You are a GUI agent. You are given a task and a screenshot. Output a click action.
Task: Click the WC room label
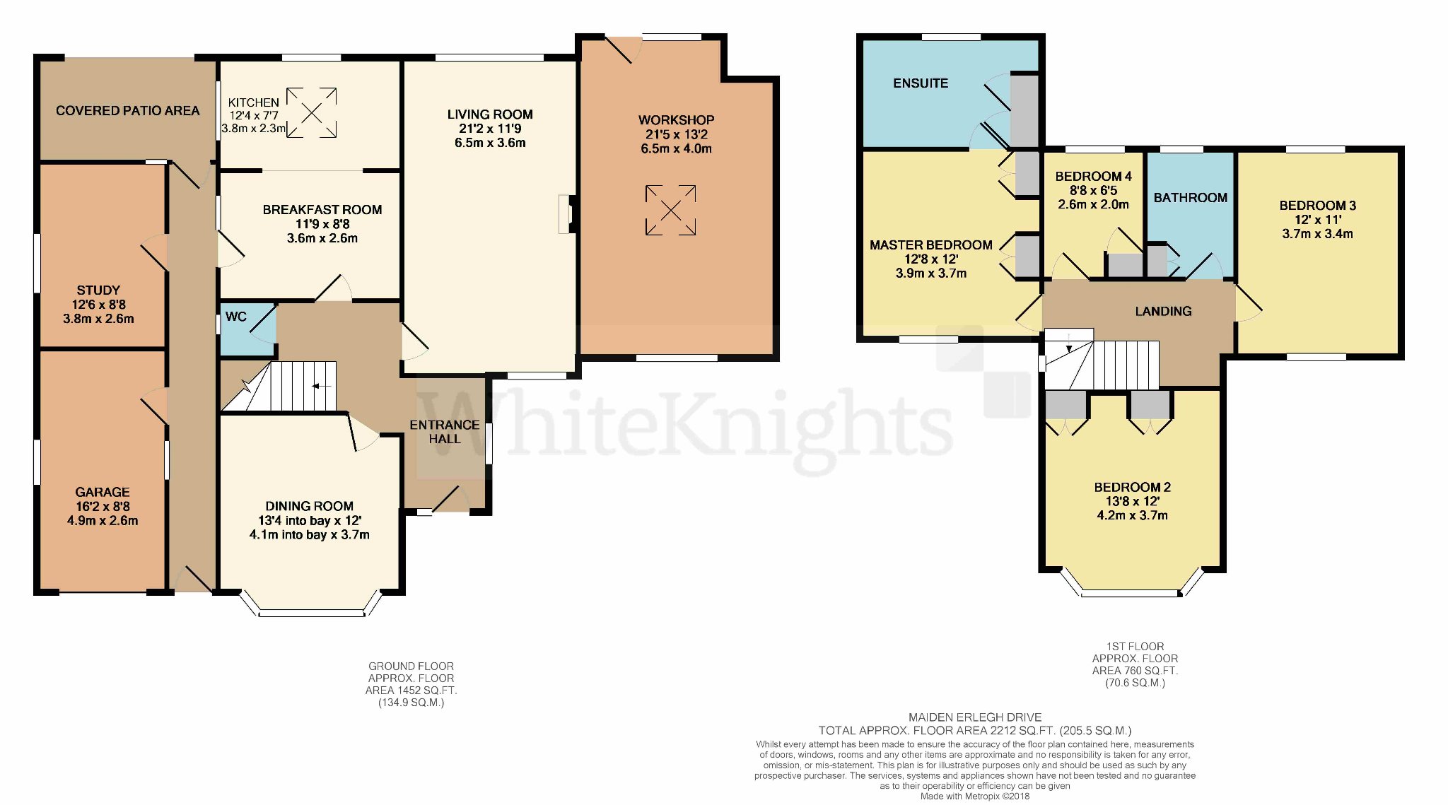click(x=236, y=317)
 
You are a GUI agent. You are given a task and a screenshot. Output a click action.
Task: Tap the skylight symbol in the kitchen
click(x=312, y=112)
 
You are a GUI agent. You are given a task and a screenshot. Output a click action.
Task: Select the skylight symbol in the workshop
click(x=670, y=210)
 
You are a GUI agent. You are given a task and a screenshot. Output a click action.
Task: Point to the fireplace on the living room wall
click(x=568, y=213)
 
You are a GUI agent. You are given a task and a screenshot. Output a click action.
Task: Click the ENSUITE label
click(x=921, y=83)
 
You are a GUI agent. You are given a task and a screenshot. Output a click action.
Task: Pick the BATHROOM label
click(x=1191, y=198)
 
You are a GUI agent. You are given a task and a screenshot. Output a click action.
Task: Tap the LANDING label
click(x=1163, y=311)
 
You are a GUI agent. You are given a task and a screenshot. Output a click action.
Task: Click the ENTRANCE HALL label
click(x=445, y=432)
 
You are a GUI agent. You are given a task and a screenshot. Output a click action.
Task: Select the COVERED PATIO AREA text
click(x=128, y=111)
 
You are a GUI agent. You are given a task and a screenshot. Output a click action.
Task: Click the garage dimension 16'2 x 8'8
click(x=103, y=507)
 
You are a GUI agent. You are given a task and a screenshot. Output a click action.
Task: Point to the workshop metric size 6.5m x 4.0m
click(x=677, y=149)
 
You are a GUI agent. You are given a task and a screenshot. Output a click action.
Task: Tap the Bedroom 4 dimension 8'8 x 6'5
click(x=1093, y=191)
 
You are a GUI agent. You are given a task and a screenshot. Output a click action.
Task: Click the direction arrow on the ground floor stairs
click(x=322, y=386)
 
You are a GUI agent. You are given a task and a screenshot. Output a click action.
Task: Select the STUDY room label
click(x=98, y=290)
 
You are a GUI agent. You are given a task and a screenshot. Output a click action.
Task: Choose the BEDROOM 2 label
click(x=1133, y=488)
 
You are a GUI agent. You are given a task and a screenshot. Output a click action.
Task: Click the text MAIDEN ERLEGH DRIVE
click(x=975, y=717)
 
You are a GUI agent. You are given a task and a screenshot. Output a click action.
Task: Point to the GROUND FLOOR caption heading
click(x=411, y=666)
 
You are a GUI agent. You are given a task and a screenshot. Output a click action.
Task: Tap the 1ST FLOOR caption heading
click(x=1135, y=646)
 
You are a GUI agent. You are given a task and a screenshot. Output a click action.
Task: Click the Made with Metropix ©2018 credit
click(x=975, y=797)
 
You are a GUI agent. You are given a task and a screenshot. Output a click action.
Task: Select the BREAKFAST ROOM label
click(x=322, y=210)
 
